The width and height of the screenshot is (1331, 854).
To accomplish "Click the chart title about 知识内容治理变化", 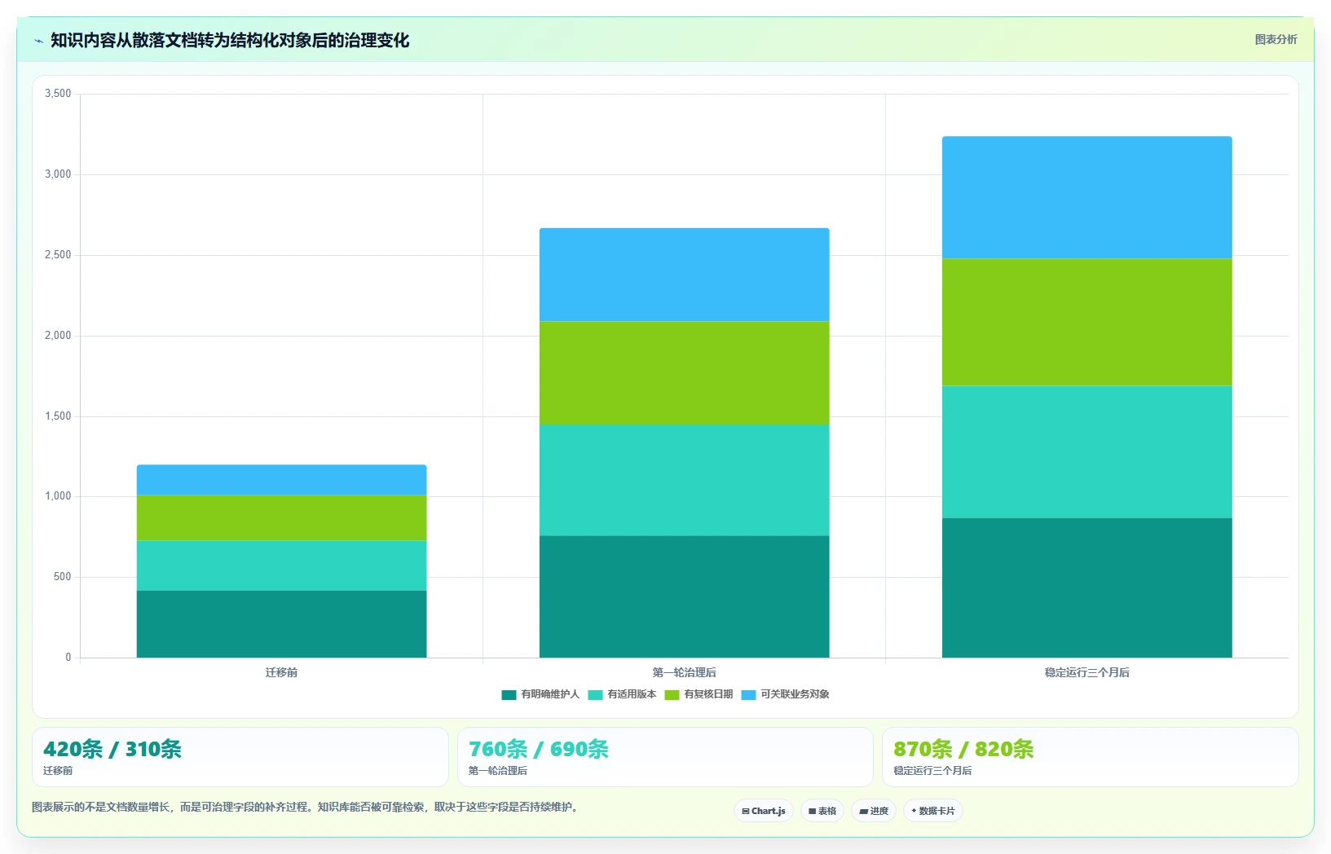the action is [230, 41].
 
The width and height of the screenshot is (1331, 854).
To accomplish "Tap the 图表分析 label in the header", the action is [1276, 39].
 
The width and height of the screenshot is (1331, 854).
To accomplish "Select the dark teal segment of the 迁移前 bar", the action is [282, 623].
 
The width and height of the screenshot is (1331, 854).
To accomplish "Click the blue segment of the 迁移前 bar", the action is [282, 480].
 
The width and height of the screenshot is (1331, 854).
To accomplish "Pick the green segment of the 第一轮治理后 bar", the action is [685, 373].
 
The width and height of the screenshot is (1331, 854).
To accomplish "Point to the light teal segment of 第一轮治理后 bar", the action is [685, 480].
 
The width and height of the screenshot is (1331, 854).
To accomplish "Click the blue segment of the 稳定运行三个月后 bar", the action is [1086, 197].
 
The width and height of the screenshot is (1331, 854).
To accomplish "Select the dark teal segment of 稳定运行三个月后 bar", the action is [1086, 588].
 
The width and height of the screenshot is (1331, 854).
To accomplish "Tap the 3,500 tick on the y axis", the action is [58, 93].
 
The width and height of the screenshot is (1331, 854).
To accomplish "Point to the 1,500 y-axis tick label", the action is [58, 416].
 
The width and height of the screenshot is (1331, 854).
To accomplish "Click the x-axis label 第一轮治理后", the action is [685, 672].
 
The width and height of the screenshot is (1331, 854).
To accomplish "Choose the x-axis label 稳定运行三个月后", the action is [1086, 672].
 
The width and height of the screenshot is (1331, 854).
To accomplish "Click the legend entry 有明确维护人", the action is [540, 694].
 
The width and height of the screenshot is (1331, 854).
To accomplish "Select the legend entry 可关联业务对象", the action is [786, 694].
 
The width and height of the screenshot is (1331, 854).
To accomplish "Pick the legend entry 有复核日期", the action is [699, 694].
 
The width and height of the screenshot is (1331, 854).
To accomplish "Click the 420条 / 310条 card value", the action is [112, 749].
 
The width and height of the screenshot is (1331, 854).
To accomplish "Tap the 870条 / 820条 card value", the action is [963, 749].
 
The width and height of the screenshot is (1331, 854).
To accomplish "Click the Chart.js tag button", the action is [764, 811].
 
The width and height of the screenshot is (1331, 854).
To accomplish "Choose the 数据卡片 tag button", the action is [933, 811].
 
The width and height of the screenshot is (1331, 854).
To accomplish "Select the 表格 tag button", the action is [822, 811].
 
